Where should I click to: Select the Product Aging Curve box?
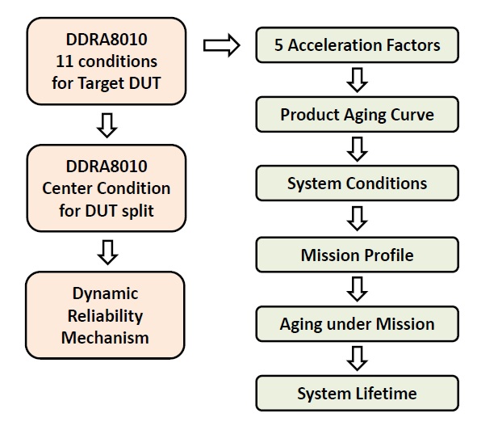coord(358,115)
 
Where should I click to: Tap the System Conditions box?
coord(358,184)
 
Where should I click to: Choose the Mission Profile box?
coord(358,255)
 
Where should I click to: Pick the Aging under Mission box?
coord(358,324)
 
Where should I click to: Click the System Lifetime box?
coord(358,394)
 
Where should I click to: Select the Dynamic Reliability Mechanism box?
coord(105,315)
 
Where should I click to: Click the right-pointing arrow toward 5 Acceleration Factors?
coord(221,45)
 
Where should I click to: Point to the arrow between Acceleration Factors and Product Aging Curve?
coord(358,79)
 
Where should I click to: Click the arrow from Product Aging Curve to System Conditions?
coord(358,150)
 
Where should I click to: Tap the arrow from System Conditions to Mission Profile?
coord(358,219)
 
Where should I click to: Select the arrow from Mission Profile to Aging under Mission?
coord(358,289)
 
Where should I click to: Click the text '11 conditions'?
coord(105,61)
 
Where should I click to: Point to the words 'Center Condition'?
coord(105,188)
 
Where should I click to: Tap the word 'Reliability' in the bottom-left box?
coord(105,315)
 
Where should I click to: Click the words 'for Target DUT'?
coord(105,82)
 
